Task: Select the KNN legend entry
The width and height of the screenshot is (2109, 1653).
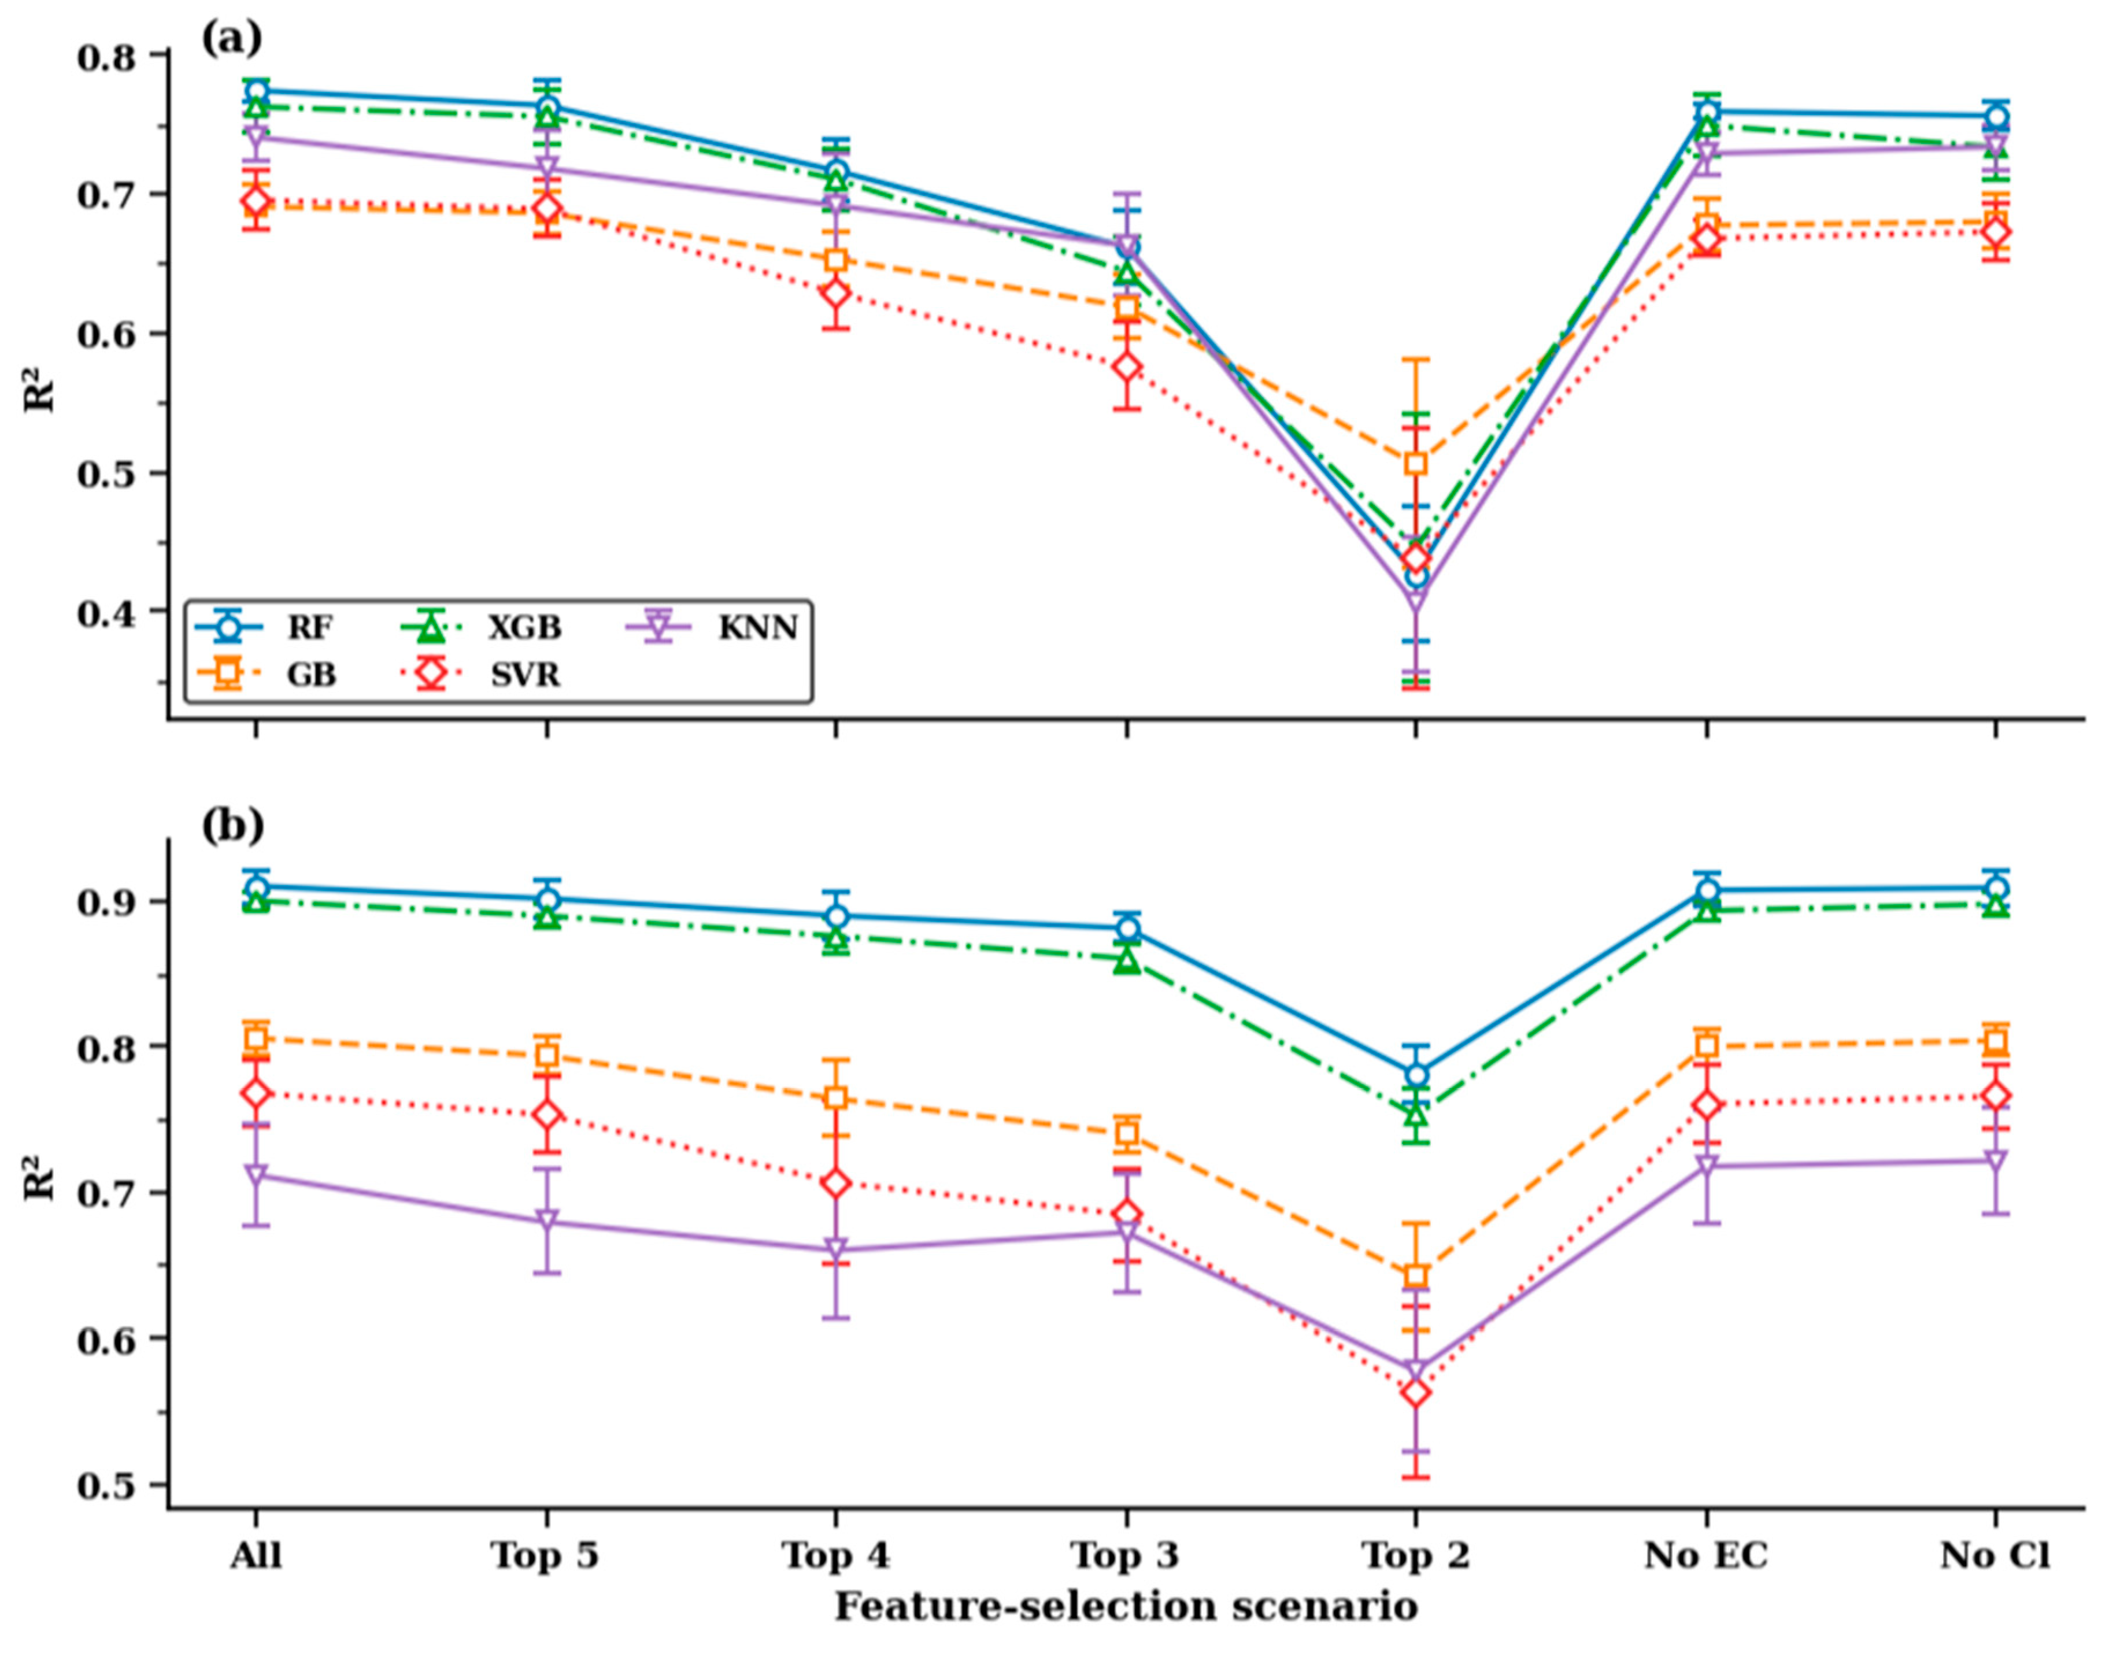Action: (x=712, y=628)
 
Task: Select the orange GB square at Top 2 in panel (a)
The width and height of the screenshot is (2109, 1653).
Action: (x=1416, y=464)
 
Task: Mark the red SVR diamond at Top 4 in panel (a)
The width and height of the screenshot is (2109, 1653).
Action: (x=836, y=293)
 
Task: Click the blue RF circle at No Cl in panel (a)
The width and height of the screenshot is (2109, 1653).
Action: (x=1996, y=118)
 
